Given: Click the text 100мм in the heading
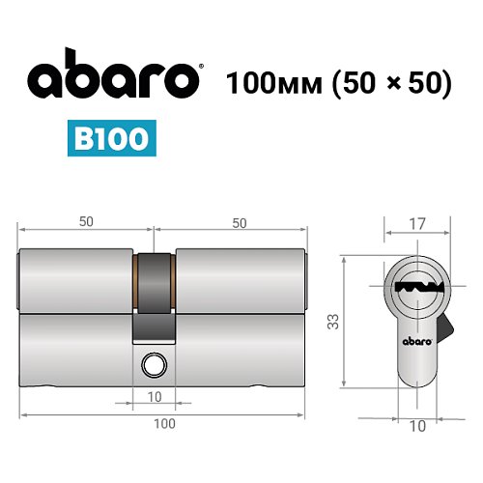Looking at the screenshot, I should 272,83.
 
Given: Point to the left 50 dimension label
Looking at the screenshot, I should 86,222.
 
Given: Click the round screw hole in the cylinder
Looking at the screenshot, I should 152,365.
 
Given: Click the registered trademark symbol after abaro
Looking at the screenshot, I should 199,67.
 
